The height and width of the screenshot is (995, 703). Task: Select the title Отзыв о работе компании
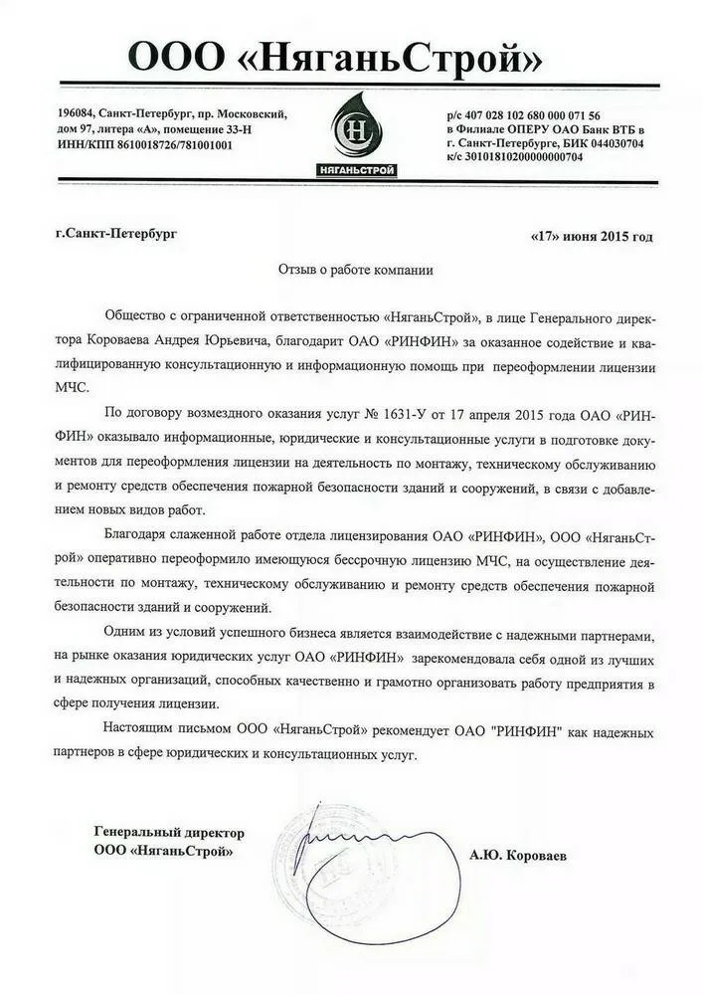coord(355,270)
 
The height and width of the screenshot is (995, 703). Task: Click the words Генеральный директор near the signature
coord(168,832)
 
